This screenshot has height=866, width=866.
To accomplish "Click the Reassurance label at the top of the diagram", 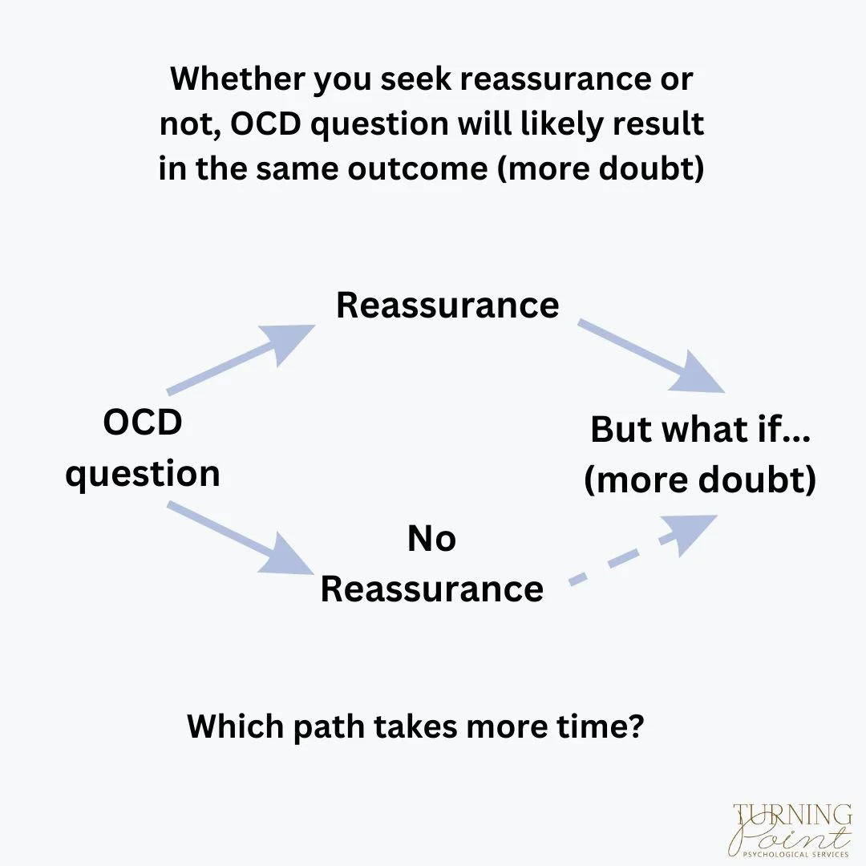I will point(447,306).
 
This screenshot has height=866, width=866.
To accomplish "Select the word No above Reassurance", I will point(431,539).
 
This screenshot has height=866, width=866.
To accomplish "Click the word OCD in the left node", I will point(143,422).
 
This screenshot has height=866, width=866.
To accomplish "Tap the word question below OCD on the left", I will point(143,473).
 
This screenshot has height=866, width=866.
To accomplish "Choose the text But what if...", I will point(700,430).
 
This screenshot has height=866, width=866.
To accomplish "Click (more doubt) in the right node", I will point(700,480).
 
